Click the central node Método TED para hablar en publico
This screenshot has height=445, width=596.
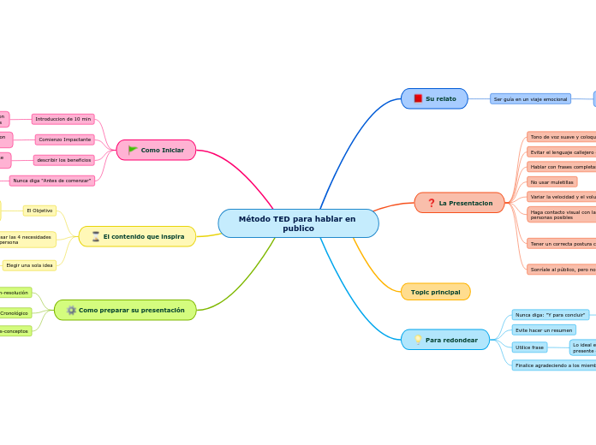(x=298, y=223)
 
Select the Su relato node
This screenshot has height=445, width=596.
(x=434, y=98)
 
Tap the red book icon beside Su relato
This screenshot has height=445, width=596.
(x=418, y=98)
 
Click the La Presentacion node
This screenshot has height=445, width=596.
(x=459, y=203)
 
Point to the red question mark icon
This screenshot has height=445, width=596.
(x=431, y=203)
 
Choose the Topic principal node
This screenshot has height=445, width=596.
(x=435, y=292)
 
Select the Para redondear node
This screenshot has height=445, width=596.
(x=445, y=340)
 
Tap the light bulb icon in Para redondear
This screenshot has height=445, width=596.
(x=418, y=340)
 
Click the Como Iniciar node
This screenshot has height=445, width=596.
(x=156, y=150)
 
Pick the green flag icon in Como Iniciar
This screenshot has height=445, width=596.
(x=133, y=150)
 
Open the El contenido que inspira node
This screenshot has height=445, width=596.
(x=137, y=236)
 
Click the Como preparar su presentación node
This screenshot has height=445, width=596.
(x=125, y=310)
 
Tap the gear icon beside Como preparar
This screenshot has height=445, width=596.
(x=71, y=310)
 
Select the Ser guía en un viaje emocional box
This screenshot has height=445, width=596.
(x=530, y=98)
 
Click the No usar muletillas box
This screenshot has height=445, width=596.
(x=551, y=181)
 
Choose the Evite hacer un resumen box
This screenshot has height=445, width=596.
(x=545, y=329)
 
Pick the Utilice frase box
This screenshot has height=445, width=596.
(x=529, y=347)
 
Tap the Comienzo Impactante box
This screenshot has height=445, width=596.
(x=65, y=139)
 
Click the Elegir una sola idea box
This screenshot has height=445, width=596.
(x=30, y=265)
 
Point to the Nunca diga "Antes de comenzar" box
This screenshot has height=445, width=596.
(x=52, y=181)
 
